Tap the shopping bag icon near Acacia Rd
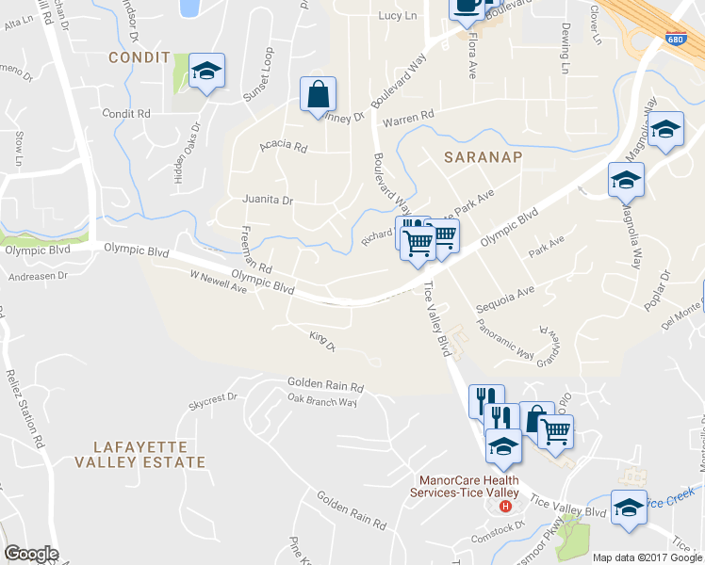tap(319, 94)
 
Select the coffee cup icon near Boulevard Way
tap(467, 6)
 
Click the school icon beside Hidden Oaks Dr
tap(206, 71)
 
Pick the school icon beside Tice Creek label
tap(629, 507)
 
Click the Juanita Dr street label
tap(268, 200)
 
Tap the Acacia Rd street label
tap(283, 147)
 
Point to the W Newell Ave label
tap(218, 282)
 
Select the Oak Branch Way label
tap(322, 401)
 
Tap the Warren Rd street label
tap(407, 119)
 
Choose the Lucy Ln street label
tap(397, 16)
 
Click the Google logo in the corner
tap(31, 554)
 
